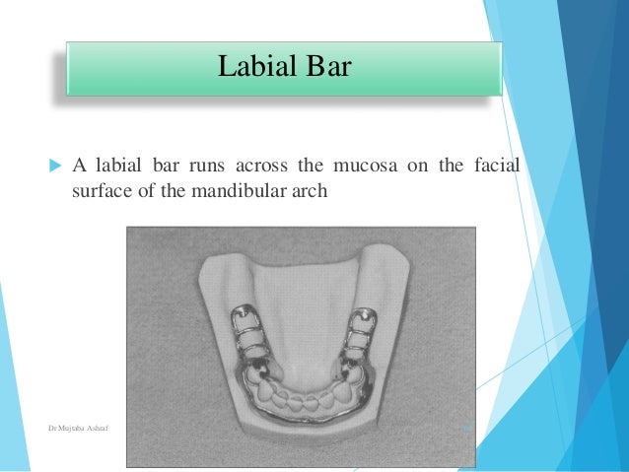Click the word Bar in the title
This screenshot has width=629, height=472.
click(x=326, y=67)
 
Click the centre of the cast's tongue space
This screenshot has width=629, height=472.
click(x=301, y=335)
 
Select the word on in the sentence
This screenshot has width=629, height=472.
click(x=416, y=165)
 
